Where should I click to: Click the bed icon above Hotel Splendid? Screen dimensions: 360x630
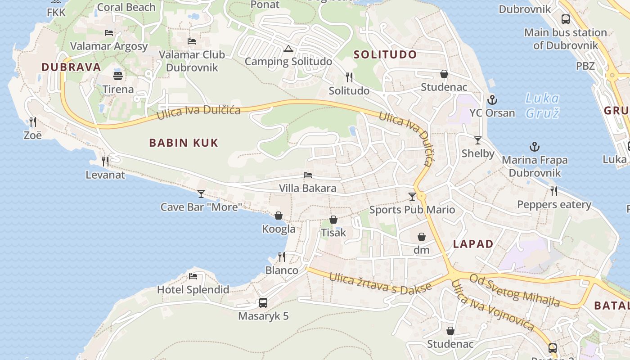[x=193, y=276]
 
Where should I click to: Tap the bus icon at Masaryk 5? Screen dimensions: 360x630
[x=263, y=303]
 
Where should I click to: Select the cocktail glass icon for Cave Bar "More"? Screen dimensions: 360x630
[x=201, y=194]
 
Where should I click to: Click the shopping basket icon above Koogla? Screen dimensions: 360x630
[x=279, y=216]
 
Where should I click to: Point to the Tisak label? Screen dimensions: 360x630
[x=333, y=233]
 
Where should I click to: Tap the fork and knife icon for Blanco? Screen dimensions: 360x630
[x=282, y=257]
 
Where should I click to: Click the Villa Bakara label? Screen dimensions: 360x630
[x=308, y=188]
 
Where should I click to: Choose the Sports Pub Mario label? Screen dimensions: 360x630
[x=412, y=210]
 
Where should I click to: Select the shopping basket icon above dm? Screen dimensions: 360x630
[x=422, y=237]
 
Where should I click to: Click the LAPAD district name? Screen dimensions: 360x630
[x=473, y=244]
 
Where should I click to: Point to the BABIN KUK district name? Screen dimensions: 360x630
[x=184, y=143]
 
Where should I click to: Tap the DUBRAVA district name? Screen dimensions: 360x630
[x=71, y=67]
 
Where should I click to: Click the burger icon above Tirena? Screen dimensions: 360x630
[x=118, y=76]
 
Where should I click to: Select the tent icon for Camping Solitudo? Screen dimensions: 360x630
[x=288, y=49]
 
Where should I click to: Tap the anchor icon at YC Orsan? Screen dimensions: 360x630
[x=492, y=100]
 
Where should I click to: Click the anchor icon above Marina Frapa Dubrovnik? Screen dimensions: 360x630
[x=535, y=147]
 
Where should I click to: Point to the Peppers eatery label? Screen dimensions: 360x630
[x=554, y=205]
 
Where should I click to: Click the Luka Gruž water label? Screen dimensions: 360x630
[x=542, y=105]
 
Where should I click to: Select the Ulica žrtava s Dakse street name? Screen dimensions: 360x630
[x=380, y=283]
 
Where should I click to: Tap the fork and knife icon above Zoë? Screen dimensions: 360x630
[x=32, y=122]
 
